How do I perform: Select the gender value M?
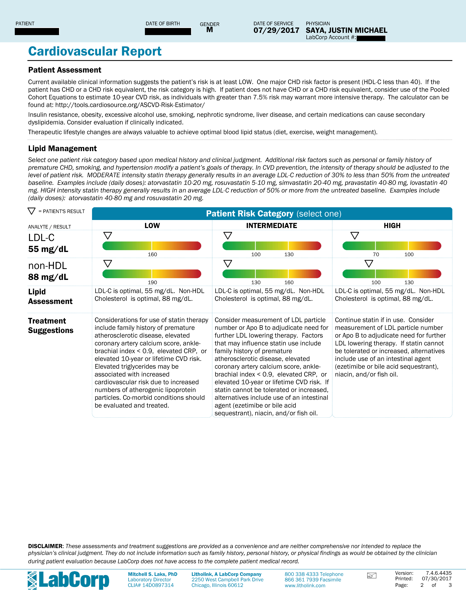pyautogui.click(x=210, y=30)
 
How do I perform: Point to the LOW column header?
pyautogui.click(x=152, y=226)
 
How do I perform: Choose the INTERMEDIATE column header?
pyautogui.click(x=272, y=226)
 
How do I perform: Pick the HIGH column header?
pyautogui.click(x=392, y=226)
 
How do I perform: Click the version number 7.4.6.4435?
pyautogui.click(x=439, y=573)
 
